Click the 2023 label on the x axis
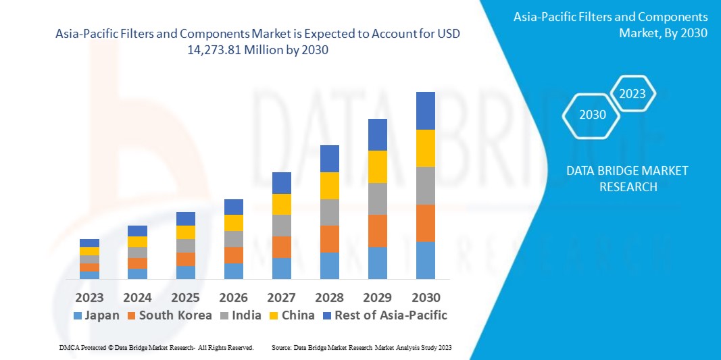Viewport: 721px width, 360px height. [x=89, y=297]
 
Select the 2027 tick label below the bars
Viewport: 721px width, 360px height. [x=282, y=297]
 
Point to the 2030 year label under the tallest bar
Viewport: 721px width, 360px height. [x=426, y=297]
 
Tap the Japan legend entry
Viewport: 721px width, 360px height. [x=96, y=315]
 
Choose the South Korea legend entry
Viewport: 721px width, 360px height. [x=169, y=315]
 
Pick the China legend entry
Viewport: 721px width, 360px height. [x=291, y=315]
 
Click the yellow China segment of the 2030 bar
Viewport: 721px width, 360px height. [x=426, y=148]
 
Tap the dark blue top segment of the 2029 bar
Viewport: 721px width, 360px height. [x=378, y=134]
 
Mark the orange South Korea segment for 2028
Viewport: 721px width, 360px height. [x=330, y=238]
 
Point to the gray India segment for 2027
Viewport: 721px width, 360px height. [x=282, y=225]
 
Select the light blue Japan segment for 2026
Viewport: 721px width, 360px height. [x=234, y=271]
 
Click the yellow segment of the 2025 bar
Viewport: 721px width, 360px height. [x=186, y=232]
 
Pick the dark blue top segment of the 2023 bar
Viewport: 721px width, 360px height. [x=89, y=242]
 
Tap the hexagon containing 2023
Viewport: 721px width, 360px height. [x=632, y=94]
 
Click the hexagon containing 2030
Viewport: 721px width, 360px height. [x=593, y=115]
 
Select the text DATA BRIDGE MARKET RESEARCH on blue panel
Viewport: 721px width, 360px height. [x=628, y=178]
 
